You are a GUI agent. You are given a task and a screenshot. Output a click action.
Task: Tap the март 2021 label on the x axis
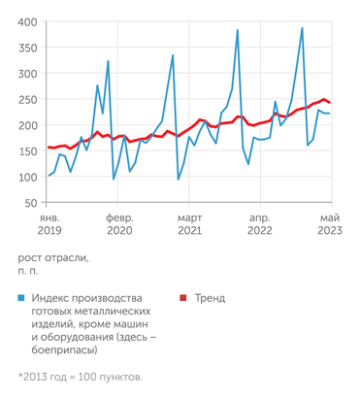189,224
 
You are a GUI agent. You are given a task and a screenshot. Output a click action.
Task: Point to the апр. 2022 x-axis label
260,224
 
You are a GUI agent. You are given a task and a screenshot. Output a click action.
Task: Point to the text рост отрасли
53,257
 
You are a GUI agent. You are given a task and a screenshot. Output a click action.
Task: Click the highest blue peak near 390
302,28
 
